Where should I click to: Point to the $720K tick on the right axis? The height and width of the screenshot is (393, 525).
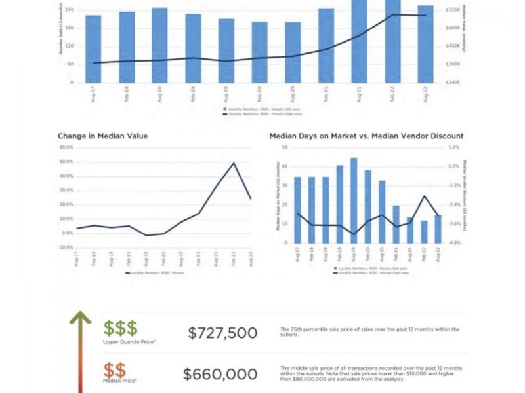tap(453, 10)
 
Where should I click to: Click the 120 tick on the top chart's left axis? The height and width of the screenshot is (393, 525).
tap(69, 47)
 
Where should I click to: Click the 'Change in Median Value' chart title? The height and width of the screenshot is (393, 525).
tap(102, 136)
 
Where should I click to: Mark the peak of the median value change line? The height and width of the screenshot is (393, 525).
tap(234, 163)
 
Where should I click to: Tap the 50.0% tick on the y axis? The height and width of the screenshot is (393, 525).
tap(66, 162)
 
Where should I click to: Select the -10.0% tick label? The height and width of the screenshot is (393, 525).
tap(66, 248)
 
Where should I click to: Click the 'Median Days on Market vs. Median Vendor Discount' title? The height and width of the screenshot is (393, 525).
tap(366, 136)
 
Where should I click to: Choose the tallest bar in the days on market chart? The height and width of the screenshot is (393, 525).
tap(354, 200)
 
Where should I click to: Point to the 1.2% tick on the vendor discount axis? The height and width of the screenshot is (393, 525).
tap(454, 147)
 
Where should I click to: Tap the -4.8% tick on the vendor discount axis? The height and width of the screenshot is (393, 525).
tap(454, 242)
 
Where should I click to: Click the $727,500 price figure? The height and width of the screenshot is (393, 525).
tap(222, 333)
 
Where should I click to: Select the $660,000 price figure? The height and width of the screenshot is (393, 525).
tap(220, 374)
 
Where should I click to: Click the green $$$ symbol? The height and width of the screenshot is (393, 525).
tap(120, 328)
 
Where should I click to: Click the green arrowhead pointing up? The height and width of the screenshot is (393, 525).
tap(80, 318)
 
